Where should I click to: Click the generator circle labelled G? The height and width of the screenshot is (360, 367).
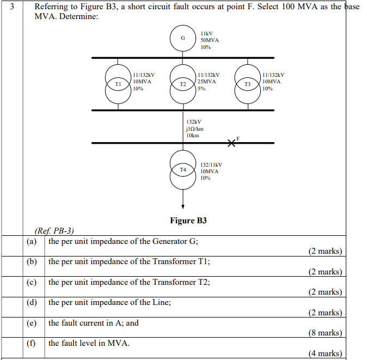(183, 38)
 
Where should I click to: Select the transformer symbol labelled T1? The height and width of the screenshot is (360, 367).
(118, 84)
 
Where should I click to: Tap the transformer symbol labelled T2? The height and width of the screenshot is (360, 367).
(183, 84)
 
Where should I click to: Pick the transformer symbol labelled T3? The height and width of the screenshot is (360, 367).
(247, 84)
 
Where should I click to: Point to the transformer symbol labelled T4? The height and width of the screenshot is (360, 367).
(183, 170)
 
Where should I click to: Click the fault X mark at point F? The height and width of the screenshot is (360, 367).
(232, 143)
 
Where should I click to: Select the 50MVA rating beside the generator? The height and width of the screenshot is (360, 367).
(210, 40)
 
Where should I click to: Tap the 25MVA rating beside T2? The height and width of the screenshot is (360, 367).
(207, 82)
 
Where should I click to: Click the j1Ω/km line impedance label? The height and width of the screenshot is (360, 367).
(194, 129)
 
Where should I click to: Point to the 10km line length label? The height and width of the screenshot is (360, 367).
(193, 135)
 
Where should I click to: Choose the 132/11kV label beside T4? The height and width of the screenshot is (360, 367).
(211, 164)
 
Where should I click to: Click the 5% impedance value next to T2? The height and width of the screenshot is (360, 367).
(201, 88)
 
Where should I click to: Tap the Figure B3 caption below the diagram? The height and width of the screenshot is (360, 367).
(188, 221)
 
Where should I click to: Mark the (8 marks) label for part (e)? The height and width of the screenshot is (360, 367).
(325, 333)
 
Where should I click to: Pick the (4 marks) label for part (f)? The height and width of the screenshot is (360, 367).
(325, 353)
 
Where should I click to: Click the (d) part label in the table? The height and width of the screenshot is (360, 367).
(32, 302)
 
